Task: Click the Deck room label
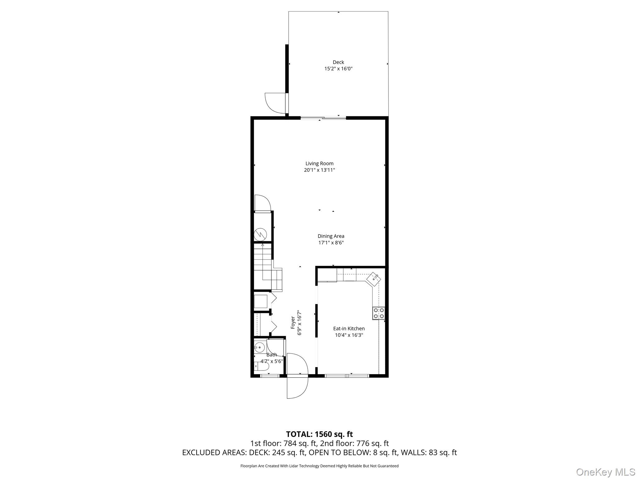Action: pos(338,62)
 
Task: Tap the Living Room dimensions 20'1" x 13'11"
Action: pos(319,170)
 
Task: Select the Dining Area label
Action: pos(331,236)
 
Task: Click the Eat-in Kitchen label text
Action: pos(349,328)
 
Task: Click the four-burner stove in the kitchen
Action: pos(378,313)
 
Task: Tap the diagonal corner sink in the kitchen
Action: pos(373,278)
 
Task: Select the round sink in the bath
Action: pos(259,347)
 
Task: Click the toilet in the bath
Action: pos(261,366)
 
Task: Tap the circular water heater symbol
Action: pos(260,235)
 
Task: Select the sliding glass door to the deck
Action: pos(323,118)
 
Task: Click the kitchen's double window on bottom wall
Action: pos(347,376)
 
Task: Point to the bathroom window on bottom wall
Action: pos(270,376)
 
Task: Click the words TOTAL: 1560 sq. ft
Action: pos(319,434)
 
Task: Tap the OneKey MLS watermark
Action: pos(605,472)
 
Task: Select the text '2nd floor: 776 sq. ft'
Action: pos(354,443)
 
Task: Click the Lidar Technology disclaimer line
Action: pos(319,466)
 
